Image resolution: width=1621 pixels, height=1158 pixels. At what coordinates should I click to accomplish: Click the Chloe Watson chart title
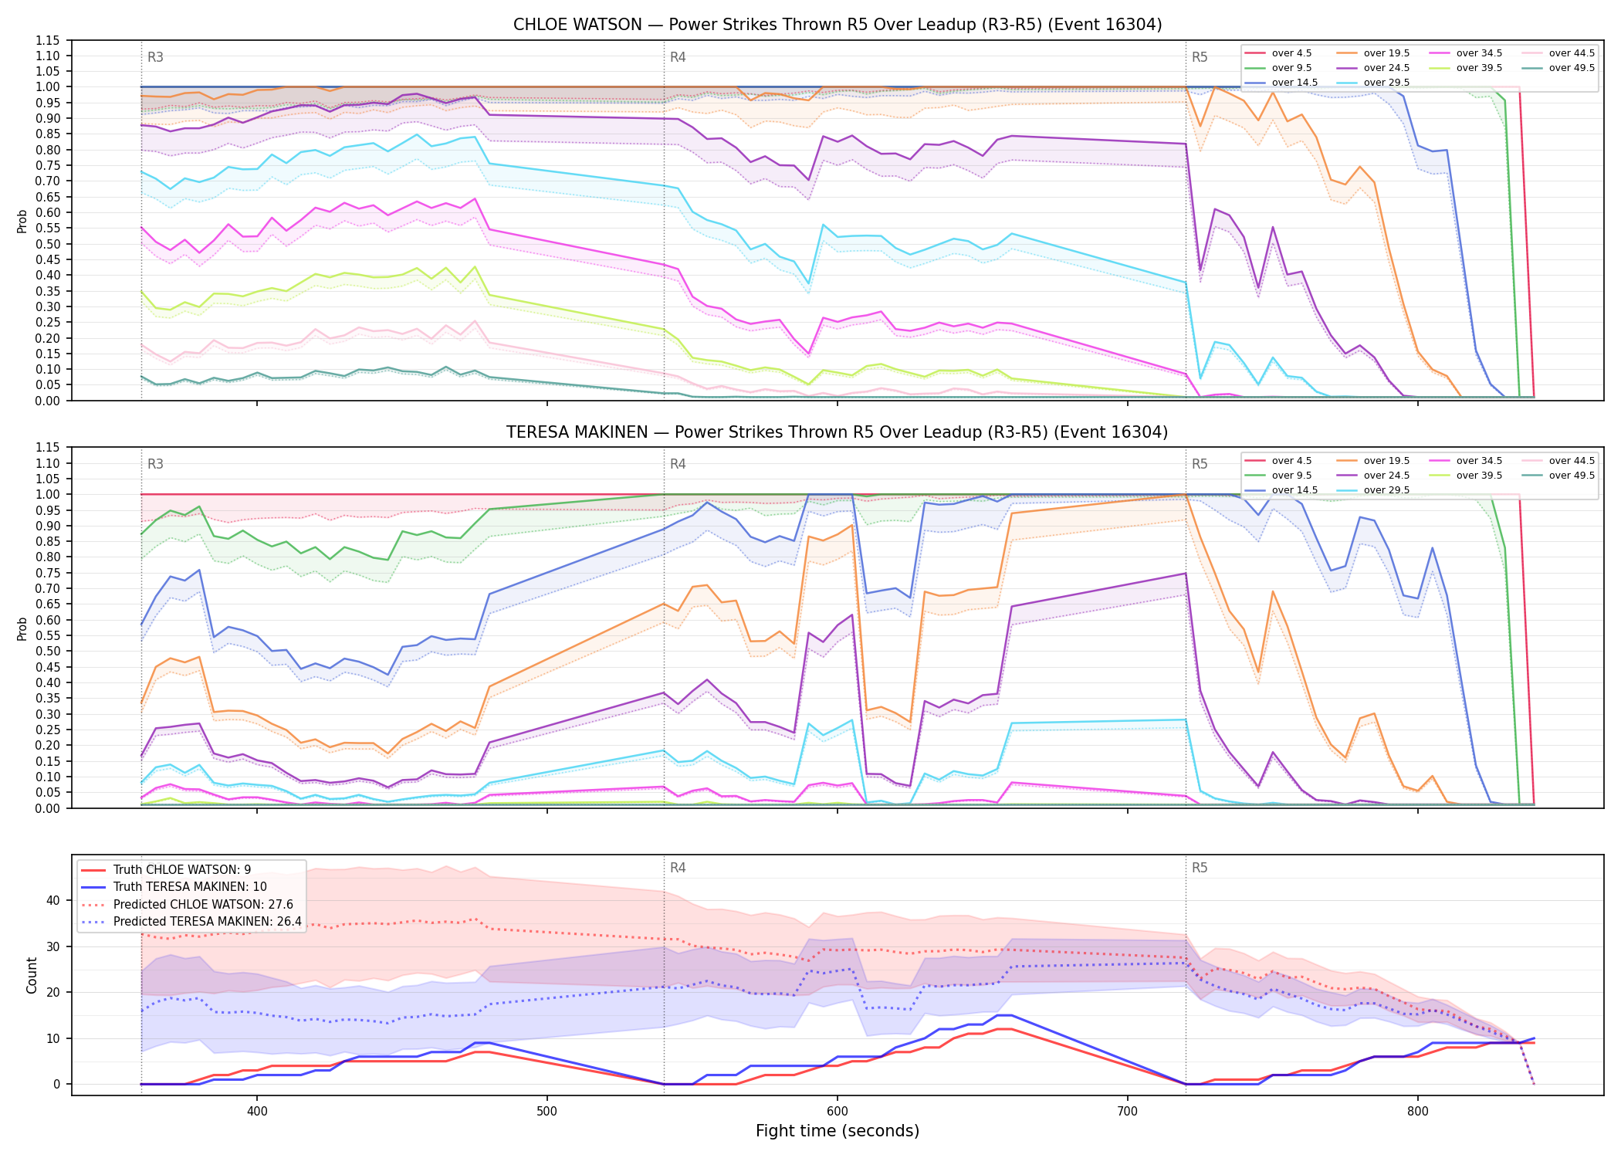pos(838,25)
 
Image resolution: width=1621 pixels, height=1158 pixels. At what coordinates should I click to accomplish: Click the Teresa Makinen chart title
pos(838,432)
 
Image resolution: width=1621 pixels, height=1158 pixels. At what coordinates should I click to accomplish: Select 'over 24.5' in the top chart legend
pos(1386,68)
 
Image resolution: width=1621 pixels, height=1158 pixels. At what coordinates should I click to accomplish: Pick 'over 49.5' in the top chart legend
pos(1572,68)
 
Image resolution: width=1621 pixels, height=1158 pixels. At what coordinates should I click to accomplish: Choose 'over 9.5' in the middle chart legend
pos(1291,476)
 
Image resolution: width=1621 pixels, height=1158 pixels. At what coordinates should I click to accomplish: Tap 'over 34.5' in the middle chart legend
pos(1479,461)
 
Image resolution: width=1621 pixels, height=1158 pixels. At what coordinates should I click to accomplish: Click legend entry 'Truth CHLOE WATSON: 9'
pos(182,869)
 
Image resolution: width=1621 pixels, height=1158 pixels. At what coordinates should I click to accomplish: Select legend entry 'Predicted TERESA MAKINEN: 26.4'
pos(208,921)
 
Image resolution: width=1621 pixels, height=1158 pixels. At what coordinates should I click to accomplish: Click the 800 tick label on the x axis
pos(1417,1111)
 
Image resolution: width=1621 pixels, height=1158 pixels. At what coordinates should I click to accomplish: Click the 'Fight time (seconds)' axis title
pos(838,1131)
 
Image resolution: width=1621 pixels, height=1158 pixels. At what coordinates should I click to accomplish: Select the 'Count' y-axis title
pos(32,975)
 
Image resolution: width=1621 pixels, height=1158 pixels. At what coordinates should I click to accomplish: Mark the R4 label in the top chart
pos(678,57)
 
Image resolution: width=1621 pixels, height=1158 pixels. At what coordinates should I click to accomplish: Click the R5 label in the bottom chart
pos(1200,868)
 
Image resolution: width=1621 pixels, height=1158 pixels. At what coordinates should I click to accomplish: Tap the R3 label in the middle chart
pos(155,464)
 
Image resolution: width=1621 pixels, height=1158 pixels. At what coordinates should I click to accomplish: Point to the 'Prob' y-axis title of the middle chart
pos(22,628)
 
